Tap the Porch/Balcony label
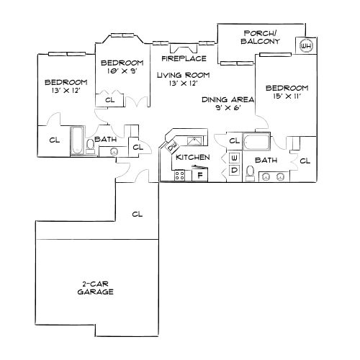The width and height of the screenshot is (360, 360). [257, 37]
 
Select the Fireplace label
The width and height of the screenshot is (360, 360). [184, 58]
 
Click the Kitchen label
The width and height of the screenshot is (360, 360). [193, 157]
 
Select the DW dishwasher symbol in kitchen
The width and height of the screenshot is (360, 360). [171, 149]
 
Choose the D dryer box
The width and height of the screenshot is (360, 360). [235, 170]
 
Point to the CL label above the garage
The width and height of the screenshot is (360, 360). [138, 213]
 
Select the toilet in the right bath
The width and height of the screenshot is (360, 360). [250, 171]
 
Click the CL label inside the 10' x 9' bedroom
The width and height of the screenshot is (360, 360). [110, 100]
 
